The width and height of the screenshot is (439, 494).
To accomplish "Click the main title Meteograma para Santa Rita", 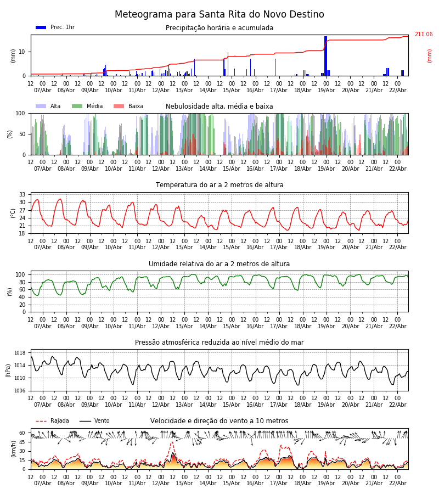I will click(x=219, y=15).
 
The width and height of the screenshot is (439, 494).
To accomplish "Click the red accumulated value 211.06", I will click(x=423, y=35).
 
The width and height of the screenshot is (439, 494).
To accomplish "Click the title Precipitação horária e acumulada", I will click(x=219, y=28).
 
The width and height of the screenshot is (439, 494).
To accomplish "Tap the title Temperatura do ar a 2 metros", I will click(x=219, y=185).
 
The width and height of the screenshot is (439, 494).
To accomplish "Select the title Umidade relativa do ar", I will click(x=219, y=264).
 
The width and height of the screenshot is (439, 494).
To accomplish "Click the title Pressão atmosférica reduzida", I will click(x=219, y=343).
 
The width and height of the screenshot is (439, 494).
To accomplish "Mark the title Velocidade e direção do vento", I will click(x=219, y=421).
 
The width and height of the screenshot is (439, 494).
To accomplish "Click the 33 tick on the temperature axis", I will click(x=22, y=194).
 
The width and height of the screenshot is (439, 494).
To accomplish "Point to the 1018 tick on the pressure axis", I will click(x=20, y=353).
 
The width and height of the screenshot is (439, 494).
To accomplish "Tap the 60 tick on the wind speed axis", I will click(x=22, y=433).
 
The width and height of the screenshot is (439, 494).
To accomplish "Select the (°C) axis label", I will click(x=14, y=213).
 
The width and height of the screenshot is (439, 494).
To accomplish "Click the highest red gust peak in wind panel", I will click(x=172, y=442).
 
